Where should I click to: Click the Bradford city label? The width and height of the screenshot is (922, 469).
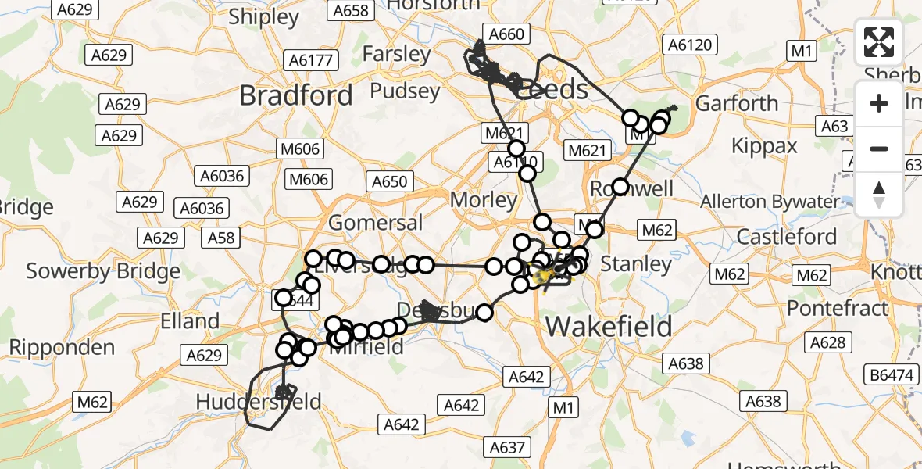point(295,96)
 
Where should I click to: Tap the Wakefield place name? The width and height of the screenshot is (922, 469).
point(609,325)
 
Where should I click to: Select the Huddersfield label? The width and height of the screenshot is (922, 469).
point(259,402)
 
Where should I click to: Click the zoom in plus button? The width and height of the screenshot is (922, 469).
point(879,103)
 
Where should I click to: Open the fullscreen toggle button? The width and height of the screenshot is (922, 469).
point(879,43)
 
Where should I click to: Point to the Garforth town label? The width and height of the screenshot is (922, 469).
point(737,103)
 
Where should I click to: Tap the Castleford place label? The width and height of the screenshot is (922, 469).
point(787,236)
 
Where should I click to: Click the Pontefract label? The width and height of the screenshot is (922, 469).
point(838,308)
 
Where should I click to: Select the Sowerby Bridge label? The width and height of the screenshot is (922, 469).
point(103,271)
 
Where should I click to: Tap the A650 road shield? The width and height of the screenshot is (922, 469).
point(389,182)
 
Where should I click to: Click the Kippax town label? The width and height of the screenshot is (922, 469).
point(764,145)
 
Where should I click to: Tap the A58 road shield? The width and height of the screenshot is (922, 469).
point(222,237)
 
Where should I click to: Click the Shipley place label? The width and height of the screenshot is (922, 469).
point(264,17)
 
